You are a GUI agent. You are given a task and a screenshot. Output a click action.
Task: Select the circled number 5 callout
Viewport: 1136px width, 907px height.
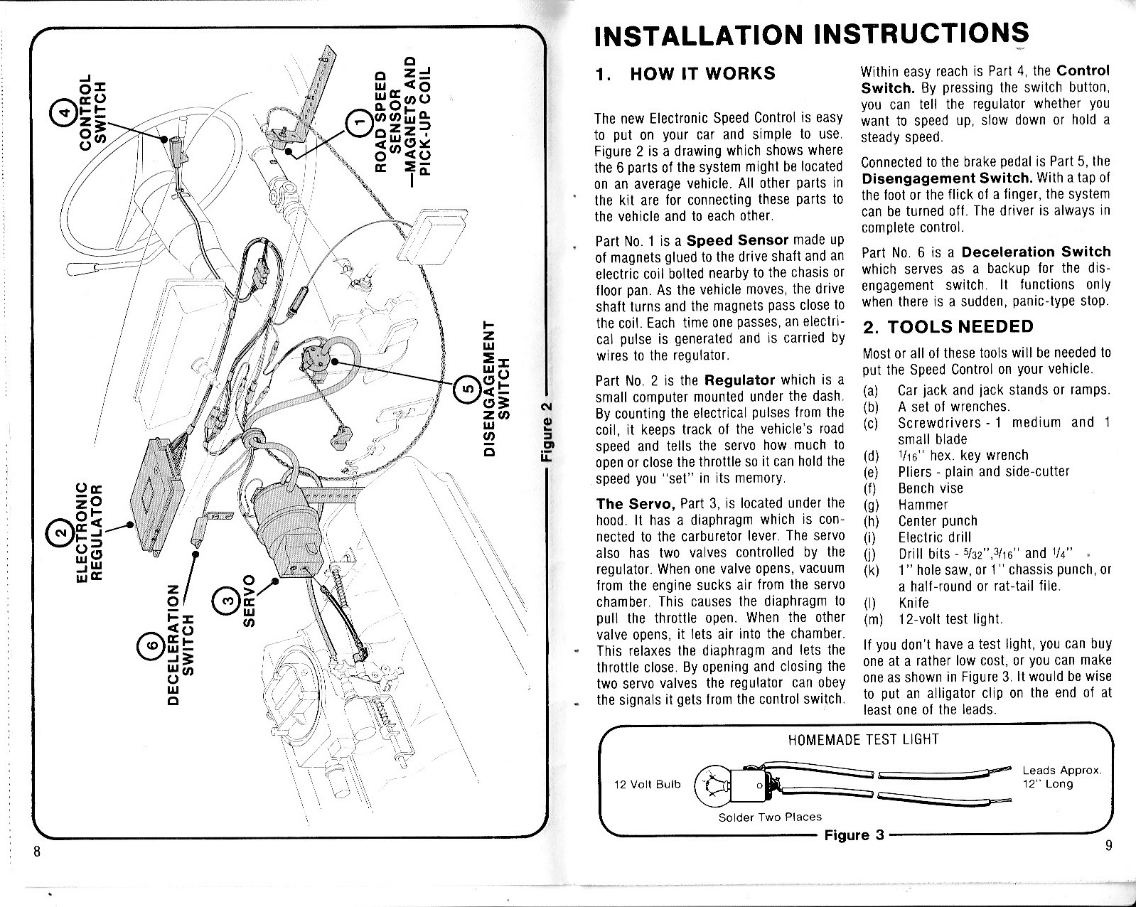click(x=467, y=388)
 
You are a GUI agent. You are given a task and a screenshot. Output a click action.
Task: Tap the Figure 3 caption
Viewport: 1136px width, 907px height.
click(x=854, y=834)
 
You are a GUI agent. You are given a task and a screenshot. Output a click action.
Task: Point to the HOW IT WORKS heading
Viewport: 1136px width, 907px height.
click(x=702, y=74)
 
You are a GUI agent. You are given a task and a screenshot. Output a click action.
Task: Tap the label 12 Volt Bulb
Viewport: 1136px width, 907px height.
click(x=647, y=784)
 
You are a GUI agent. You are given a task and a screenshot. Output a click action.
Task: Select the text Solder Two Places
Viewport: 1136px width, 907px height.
click(x=770, y=817)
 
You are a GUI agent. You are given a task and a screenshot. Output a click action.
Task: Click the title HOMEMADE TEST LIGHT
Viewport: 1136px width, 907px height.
click(x=863, y=740)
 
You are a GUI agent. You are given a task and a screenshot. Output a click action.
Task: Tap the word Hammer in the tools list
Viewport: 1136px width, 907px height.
click(x=923, y=505)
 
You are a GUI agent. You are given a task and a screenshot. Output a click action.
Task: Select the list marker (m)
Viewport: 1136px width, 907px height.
click(x=872, y=619)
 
